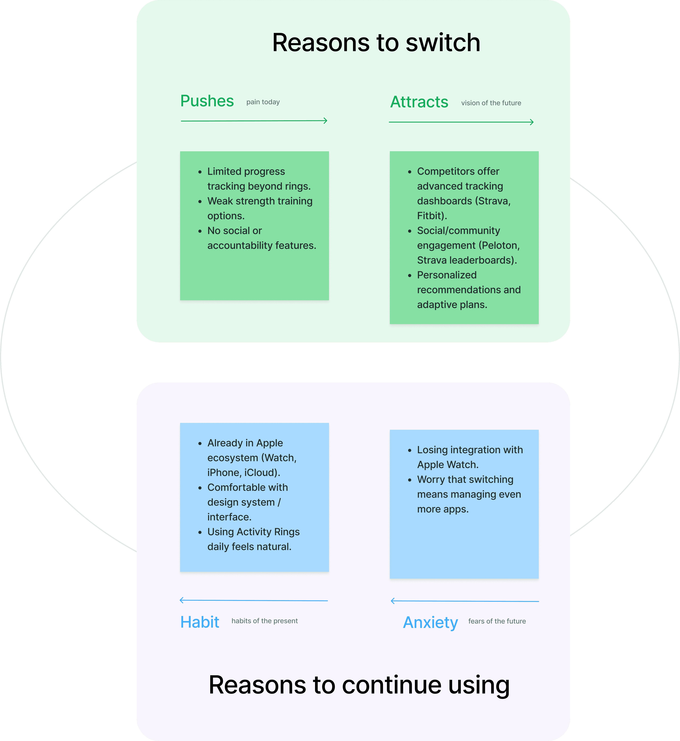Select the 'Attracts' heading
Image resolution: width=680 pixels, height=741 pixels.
pyautogui.click(x=419, y=102)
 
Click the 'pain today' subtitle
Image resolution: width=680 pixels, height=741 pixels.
pyautogui.click(x=263, y=102)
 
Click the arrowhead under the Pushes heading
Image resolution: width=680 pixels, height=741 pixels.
pyautogui.click(x=325, y=121)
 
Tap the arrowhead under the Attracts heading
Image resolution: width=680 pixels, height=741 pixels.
pyautogui.click(x=532, y=122)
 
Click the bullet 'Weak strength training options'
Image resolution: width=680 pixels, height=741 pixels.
pyautogui.click(x=259, y=208)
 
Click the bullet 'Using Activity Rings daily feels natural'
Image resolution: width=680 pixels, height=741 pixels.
pyautogui.click(x=253, y=539)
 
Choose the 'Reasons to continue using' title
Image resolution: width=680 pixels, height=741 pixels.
pyautogui.click(x=359, y=685)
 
